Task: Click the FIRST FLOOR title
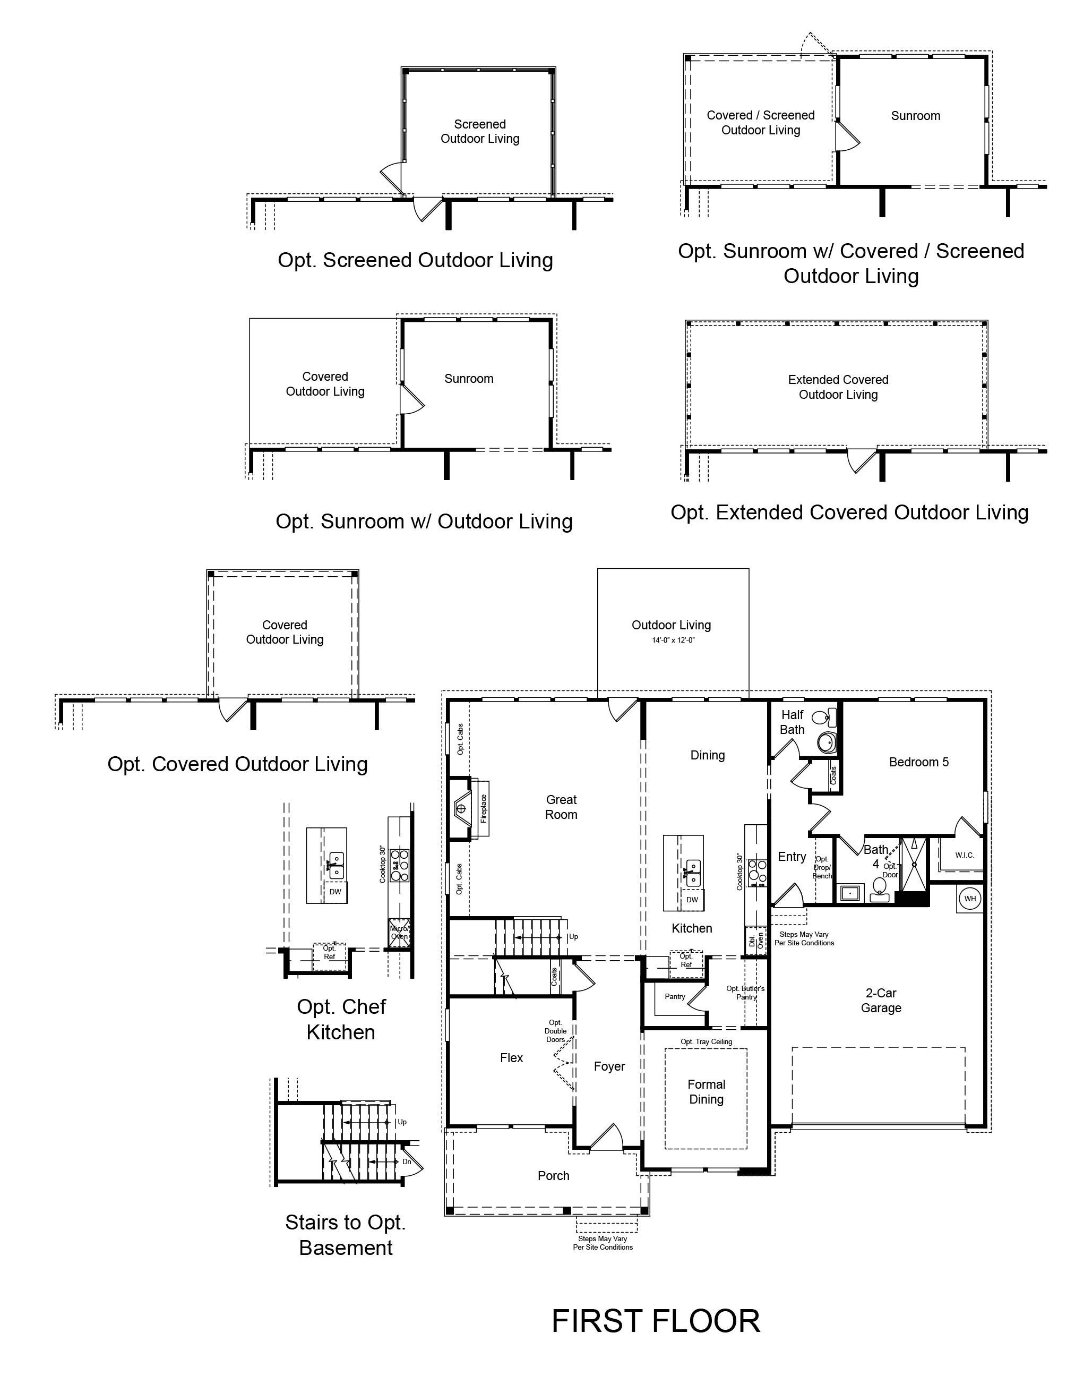point(656,1321)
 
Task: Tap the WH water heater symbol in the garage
point(970,898)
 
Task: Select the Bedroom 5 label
point(918,762)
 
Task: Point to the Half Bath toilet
point(823,717)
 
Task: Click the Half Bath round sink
point(827,742)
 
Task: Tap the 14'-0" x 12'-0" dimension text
point(673,640)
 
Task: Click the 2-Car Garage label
point(881,1000)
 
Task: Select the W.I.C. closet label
point(965,855)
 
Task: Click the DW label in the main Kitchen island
point(692,899)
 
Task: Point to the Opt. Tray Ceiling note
point(707,1041)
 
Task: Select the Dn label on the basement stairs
point(407,1161)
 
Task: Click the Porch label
point(554,1175)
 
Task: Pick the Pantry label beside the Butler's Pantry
point(675,996)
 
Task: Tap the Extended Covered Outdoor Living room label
point(838,387)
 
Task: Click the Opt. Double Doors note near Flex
point(556,1031)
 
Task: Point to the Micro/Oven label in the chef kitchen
point(399,932)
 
